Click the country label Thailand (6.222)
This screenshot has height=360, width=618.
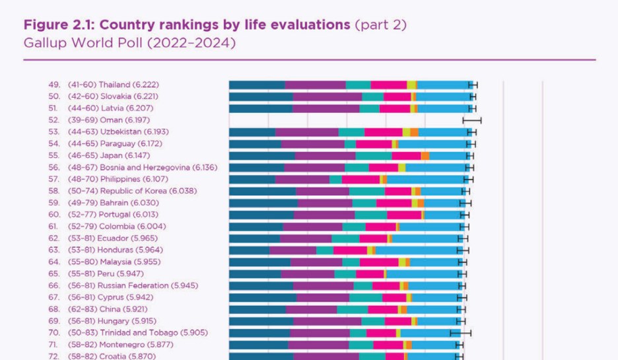click(129, 85)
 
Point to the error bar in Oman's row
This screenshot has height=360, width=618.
click(472, 120)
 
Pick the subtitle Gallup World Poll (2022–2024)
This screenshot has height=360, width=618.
click(129, 44)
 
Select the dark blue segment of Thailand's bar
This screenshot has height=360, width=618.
click(257, 85)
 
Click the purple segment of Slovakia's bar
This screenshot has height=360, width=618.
click(327, 96)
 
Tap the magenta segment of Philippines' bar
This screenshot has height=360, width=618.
click(360, 179)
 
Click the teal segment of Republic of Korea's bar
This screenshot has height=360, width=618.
click(366, 191)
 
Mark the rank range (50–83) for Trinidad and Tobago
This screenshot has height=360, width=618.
click(82, 333)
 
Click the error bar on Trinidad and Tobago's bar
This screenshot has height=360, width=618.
click(460, 333)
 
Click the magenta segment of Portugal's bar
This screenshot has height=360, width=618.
click(403, 215)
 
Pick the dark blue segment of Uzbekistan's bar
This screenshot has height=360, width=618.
click(252, 132)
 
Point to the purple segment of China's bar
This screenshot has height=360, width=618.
click(311, 309)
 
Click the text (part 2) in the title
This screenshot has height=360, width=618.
click(380, 26)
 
